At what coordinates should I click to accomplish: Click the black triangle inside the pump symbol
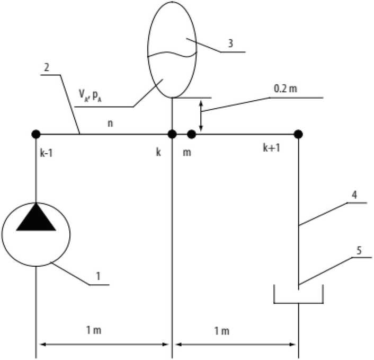tap(36, 218)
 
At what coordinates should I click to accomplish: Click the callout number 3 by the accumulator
tap(230, 44)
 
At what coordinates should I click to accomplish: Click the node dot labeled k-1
tap(36, 134)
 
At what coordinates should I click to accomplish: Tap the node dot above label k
tap(172, 134)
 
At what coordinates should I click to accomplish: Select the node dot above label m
tap(192, 134)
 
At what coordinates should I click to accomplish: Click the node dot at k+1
tap(298, 134)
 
